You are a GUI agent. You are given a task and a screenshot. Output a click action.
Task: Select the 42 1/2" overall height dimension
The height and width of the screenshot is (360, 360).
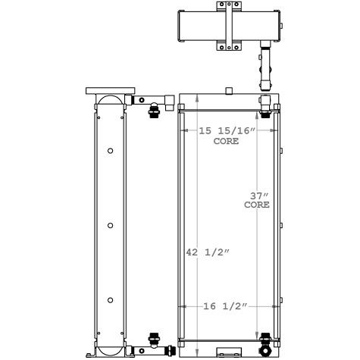(206, 252)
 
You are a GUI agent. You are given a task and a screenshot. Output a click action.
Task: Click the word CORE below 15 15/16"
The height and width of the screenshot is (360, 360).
(226, 142)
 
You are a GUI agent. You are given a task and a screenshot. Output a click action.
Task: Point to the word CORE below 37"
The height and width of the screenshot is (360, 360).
(258, 205)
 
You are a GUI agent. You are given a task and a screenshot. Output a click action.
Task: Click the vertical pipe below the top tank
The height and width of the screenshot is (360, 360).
(265, 68)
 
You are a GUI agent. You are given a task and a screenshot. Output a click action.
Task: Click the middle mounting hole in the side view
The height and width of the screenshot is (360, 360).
(111, 226)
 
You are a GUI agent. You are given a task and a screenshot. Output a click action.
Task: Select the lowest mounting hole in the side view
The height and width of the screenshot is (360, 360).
(111, 300)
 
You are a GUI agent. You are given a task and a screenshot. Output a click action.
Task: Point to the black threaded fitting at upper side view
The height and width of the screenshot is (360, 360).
(154, 111)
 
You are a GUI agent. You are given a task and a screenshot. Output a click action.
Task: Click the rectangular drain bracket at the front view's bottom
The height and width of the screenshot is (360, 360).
(228, 352)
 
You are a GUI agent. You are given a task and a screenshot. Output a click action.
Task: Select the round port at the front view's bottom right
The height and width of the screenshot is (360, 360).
(265, 350)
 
